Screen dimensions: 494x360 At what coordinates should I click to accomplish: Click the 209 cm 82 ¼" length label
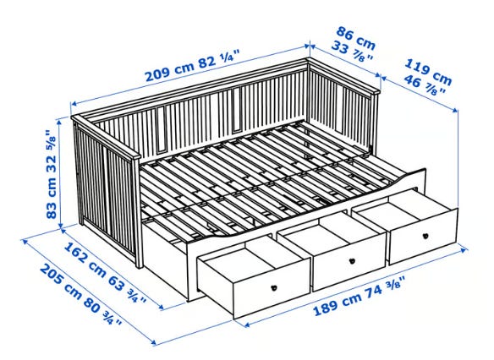pyautogui.click(x=193, y=68)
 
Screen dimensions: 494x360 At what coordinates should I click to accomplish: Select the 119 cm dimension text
pyautogui.click(x=428, y=72)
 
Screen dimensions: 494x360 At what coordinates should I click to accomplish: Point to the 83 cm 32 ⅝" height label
pyautogui.click(x=52, y=174)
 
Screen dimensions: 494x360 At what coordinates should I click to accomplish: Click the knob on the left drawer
pyautogui.click(x=274, y=287)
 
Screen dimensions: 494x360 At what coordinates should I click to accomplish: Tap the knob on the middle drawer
pyautogui.click(x=353, y=260)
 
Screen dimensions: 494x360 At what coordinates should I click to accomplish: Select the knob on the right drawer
pyautogui.click(x=425, y=236)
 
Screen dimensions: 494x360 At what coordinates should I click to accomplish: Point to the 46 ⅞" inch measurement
pyautogui.click(x=425, y=85)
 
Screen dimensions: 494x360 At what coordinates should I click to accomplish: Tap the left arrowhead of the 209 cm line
pyautogui.click(x=74, y=104)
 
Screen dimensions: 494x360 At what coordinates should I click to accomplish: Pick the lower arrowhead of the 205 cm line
pyautogui.click(x=153, y=343)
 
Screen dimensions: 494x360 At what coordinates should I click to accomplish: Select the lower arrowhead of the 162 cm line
pyautogui.click(x=162, y=307)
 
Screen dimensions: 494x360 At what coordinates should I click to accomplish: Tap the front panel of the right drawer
pyautogui.click(x=424, y=237)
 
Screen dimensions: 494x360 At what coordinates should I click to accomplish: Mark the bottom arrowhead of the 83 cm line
pyautogui.click(x=62, y=225)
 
